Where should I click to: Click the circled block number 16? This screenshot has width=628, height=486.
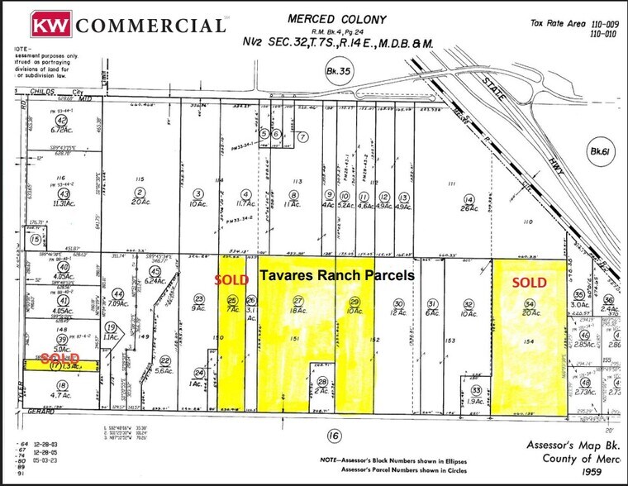pyautogui.click(x=332, y=433)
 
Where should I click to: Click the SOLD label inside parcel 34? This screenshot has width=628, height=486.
pyautogui.click(x=530, y=283)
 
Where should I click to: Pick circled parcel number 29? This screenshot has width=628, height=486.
pyautogui.click(x=355, y=303)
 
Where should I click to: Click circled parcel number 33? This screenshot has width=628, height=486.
pyautogui.click(x=476, y=391)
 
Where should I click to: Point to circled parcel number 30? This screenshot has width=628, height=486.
pyautogui.click(x=399, y=303)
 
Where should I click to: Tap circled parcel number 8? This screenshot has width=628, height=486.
pyautogui.click(x=293, y=197)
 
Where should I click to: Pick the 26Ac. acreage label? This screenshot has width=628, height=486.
pyautogui.click(x=469, y=208)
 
